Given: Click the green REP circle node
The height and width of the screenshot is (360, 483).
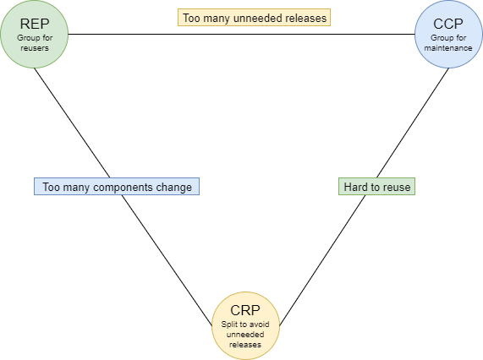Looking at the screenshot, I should click(x=34, y=35).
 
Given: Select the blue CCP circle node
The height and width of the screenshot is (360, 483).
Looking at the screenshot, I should click(x=447, y=35).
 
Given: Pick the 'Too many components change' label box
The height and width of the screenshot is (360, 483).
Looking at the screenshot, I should click(x=117, y=186).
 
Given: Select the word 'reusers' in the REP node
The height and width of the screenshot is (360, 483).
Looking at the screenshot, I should click(x=34, y=48).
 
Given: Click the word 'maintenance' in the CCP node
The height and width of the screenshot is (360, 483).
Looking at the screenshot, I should click(x=447, y=48).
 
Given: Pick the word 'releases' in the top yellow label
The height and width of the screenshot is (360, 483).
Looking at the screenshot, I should click(x=305, y=17).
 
